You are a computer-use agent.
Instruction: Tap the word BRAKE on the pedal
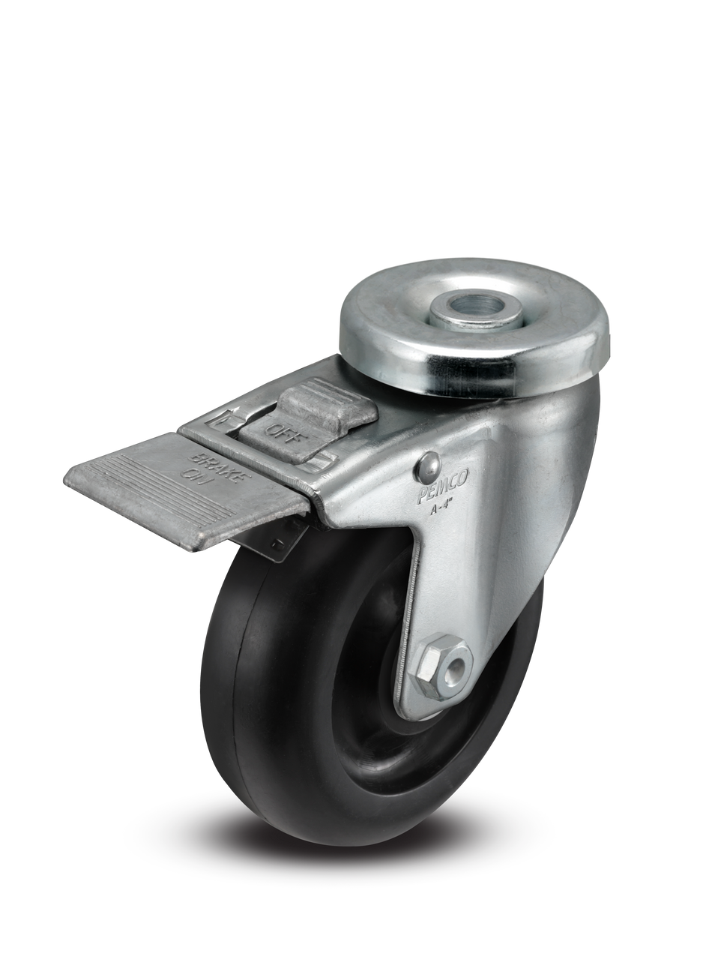click(x=203, y=460)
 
